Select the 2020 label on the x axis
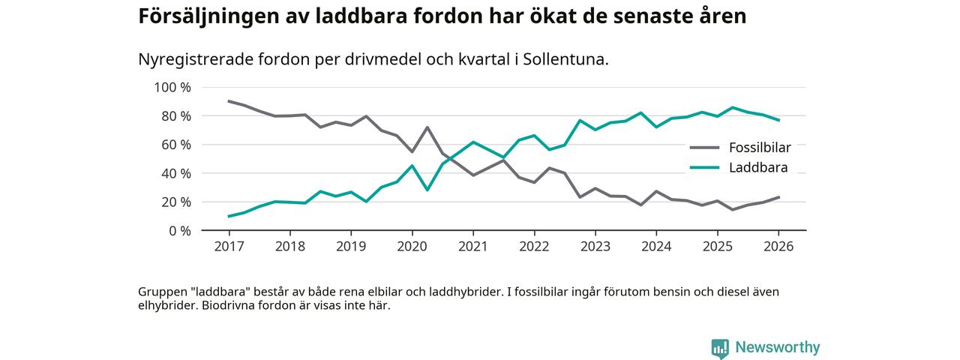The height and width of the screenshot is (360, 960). pyautogui.click(x=411, y=245)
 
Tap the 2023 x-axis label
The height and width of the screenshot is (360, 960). pyautogui.click(x=595, y=245)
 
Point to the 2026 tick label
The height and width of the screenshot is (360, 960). pyautogui.click(x=778, y=245)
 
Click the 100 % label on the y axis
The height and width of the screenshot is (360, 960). pyautogui.click(x=172, y=87)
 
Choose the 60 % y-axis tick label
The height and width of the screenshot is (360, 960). pyautogui.click(x=175, y=144)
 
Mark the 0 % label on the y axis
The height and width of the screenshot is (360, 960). pyautogui.click(x=178, y=230)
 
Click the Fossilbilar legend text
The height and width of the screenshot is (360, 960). pyautogui.click(x=759, y=147)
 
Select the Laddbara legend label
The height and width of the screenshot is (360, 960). pyautogui.click(x=757, y=167)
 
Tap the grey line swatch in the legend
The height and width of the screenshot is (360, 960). pyautogui.click(x=705, y=148)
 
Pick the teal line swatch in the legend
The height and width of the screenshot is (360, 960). pyautogui.click(x=705, y=168)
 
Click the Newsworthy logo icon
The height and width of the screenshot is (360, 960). pyautogui.click(x=720, y=348)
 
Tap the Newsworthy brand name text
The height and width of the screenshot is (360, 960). pyautogui.click(x=777, y=347)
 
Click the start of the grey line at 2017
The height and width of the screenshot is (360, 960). pyautogui.click(x=229, y=101)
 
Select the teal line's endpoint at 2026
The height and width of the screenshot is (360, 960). pyautogui.click(x=778, y=120)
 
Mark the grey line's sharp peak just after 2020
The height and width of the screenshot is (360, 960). pyautogui.click(x=427, y=127)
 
